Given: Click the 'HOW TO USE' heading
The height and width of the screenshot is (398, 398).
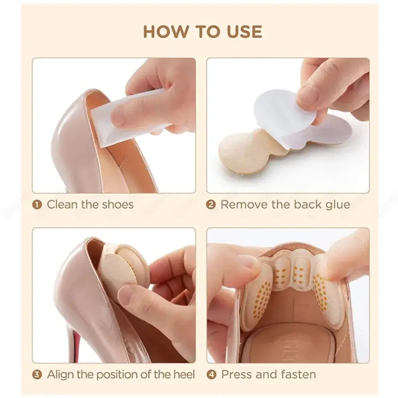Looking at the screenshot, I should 202,32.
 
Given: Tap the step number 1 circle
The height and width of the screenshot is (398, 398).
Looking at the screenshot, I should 38,205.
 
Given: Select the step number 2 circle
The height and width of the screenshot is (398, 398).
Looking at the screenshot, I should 211,205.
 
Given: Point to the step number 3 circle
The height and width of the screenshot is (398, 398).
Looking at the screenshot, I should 38,375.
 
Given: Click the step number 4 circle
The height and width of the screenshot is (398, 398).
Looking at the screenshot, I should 211,375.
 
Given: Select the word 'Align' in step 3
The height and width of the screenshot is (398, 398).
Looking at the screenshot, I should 61,375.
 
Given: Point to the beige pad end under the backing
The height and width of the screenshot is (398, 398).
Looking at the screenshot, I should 236,151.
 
